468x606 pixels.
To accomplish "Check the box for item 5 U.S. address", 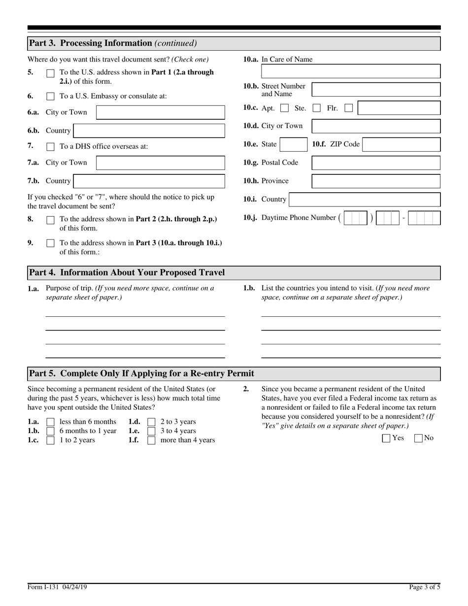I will (50, 73).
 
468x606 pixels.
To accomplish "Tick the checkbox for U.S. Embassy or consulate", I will (50, 97).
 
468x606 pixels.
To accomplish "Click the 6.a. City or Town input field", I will (160, 112).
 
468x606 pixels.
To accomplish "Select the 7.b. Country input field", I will (149, 181).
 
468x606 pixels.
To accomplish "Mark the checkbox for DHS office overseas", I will (50, 147).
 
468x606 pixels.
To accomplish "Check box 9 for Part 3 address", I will (50, 243).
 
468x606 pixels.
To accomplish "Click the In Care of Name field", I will (350, 71).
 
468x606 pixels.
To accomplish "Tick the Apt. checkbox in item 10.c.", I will (284, 108).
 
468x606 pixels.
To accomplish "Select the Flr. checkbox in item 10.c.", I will (348, 108).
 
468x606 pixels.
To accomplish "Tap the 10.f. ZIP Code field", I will (401, 144).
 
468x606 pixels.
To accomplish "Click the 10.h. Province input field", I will (376, 181).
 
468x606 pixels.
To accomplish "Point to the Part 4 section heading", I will (127, 272).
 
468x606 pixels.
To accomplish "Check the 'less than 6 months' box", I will (50, 422).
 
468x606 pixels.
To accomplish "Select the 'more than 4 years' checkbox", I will (151, 440).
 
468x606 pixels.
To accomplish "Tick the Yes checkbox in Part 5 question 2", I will (386, 438).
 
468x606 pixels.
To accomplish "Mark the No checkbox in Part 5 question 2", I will (419, 438).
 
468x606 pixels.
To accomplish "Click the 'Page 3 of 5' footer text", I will (424, 587).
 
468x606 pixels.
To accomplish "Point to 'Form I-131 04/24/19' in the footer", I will (57, 587).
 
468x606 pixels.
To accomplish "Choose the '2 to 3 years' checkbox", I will (151, 422).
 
